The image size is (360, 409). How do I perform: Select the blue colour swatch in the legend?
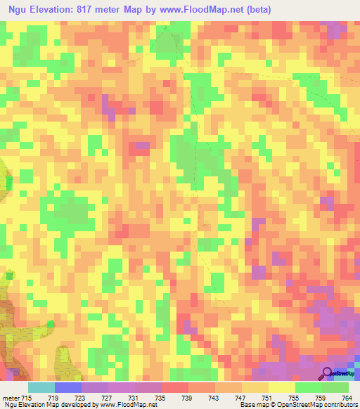(x=67, y=387)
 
